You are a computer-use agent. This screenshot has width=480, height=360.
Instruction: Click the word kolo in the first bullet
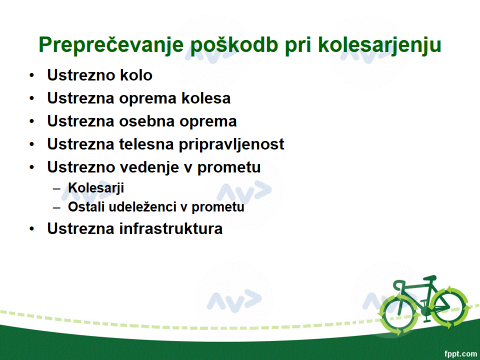[x=136, y=75]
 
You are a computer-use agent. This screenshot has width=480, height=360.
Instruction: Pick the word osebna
[x=146, y=121]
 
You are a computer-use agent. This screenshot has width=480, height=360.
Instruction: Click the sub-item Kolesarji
[x=96, y=188]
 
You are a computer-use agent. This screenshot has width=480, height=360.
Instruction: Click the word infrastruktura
[x=171, y=228]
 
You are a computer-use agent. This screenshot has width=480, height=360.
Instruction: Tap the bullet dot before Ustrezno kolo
[x=32, y=75]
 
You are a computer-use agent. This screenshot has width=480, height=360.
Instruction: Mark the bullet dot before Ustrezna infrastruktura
[x=32, y=228]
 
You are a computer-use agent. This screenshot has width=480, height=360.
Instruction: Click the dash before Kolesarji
[x=56, y=188]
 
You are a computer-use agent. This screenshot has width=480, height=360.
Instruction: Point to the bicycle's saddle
[x=430, y=277]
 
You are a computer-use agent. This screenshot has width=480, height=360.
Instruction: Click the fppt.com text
[x=460, y=354]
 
